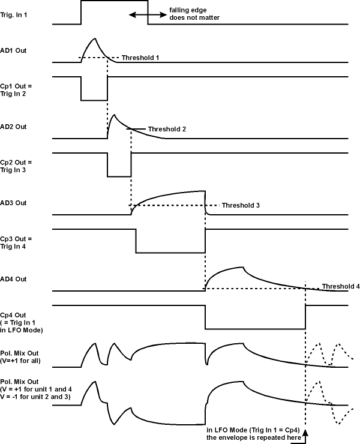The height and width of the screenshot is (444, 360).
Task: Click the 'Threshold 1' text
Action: pos(140,58)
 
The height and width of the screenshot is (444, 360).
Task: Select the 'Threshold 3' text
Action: pos(241,205)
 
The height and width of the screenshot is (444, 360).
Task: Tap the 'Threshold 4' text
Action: pos(341,287)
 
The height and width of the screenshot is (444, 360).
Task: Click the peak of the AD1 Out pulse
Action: pos(94,38)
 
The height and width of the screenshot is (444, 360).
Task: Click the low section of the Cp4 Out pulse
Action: pos(255,328)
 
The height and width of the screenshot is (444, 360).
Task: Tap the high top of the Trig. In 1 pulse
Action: pos(114,2)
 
